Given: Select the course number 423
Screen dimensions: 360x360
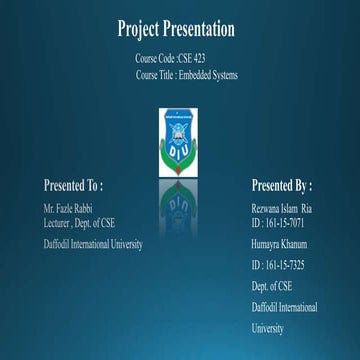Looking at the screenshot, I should pyautogui.click(x=200, y=60).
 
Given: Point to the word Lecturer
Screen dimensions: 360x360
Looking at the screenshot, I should pyautogui.click(x=61, y=223).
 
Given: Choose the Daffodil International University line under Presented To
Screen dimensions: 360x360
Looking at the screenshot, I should pyautogui.click(x=93, y=244).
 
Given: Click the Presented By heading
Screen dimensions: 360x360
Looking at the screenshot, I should pyautogui.click(x=281, y=185).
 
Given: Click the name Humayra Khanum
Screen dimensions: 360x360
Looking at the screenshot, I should pyautogui.click(x=279, y=244).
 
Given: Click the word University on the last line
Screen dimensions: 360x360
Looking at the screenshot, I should pyautogui.click(x=268, y=328).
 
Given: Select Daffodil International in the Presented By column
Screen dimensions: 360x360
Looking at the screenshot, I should pyautogui.click(x=285, y=307).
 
